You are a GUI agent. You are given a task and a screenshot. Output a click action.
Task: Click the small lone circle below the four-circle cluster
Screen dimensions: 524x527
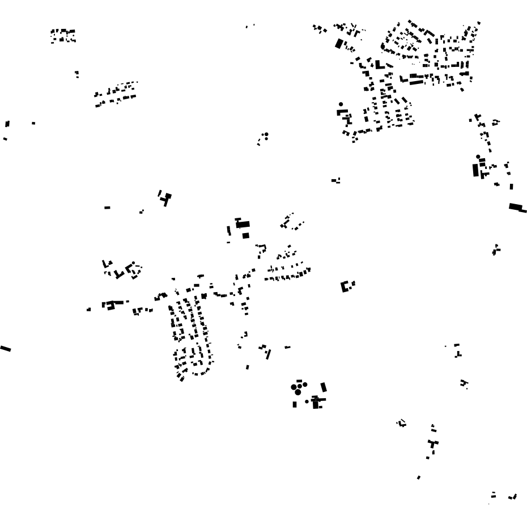point(307,402)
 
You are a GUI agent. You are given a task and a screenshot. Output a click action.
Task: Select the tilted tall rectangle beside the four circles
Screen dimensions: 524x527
point(324,387)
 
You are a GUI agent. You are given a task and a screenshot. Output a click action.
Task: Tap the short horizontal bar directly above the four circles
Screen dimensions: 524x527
point(299,381)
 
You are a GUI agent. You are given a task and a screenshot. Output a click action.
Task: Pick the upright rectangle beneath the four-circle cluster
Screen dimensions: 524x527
point(295,404)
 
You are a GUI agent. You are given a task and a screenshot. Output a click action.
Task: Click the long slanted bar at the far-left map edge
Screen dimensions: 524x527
point(6,348)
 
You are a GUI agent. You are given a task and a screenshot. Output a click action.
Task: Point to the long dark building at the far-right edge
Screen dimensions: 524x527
point(516,208)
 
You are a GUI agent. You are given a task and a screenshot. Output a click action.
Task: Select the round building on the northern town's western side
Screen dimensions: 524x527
point(341,104)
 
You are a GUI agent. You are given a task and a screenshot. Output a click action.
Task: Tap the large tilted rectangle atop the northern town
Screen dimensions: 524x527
point(339,43)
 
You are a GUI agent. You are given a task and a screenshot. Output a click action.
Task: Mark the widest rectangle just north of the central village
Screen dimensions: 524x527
point(243,225)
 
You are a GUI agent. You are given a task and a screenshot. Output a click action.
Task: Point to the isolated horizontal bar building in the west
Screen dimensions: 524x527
point(107,208)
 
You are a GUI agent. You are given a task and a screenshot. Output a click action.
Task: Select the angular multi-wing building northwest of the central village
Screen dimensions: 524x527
point(165,198)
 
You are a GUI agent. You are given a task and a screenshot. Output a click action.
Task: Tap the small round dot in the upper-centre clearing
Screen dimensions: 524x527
point(266,134)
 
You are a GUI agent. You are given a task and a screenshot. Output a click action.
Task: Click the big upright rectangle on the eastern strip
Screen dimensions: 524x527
point(476,169)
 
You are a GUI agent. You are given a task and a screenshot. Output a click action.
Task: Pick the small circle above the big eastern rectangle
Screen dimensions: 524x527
point(478,157)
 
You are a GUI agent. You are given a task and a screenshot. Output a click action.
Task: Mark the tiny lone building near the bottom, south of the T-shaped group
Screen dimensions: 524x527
point(419,477)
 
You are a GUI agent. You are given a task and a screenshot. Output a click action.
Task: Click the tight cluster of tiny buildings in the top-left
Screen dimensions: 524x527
point(62,37)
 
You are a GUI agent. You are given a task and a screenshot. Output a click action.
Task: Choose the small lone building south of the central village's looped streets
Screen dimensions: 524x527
point(248,367)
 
